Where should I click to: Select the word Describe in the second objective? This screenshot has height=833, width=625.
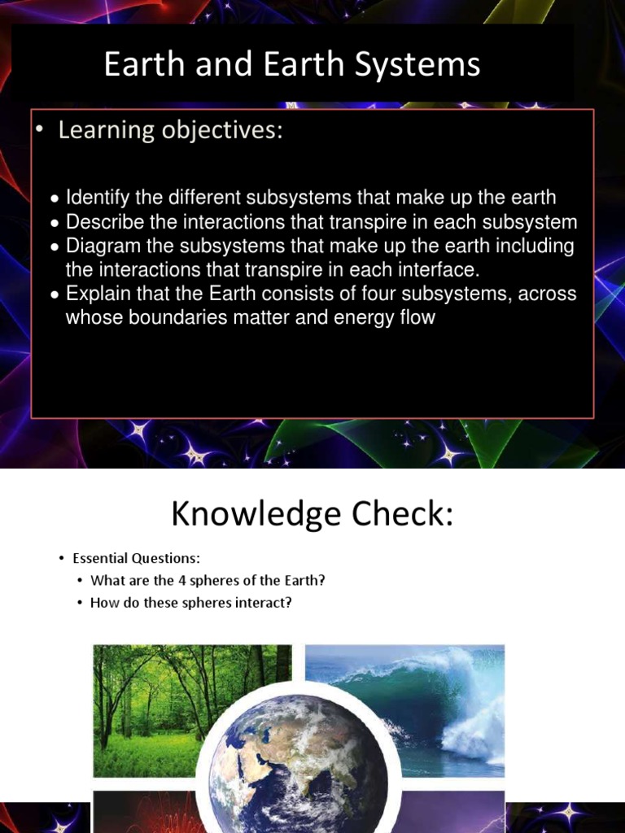click(x=100, y=221)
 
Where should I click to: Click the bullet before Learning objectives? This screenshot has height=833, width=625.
click(x=38, y=131)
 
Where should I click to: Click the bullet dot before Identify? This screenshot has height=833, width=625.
click(x=54, y=198)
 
